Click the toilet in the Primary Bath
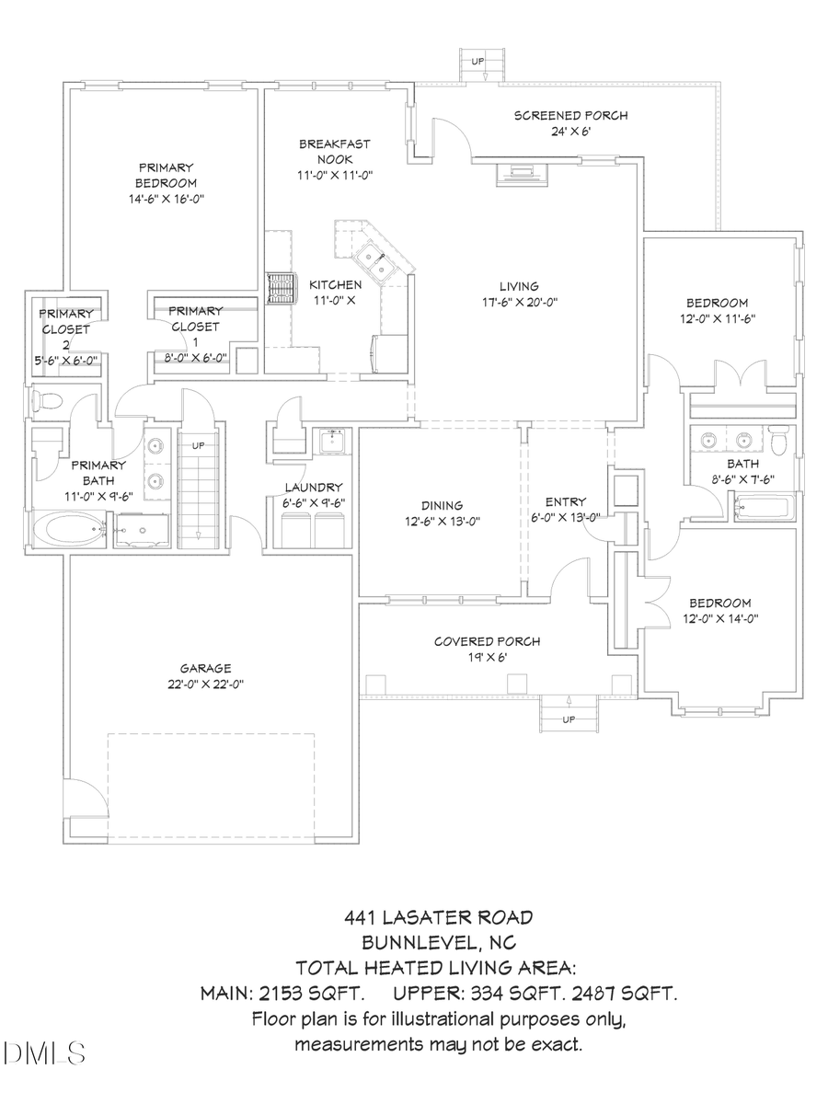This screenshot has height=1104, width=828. coord(45,400)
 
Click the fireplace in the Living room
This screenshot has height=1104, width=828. coord(521,172)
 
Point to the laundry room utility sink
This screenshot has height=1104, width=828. coord(330,443)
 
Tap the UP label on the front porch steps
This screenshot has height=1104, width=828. coord(569,719)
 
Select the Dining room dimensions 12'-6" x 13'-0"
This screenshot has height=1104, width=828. coord(443,521)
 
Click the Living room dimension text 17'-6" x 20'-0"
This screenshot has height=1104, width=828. coord(520,301)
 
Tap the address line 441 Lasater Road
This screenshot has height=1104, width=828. coord(438,916)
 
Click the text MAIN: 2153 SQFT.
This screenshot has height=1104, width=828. coord(282,994)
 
